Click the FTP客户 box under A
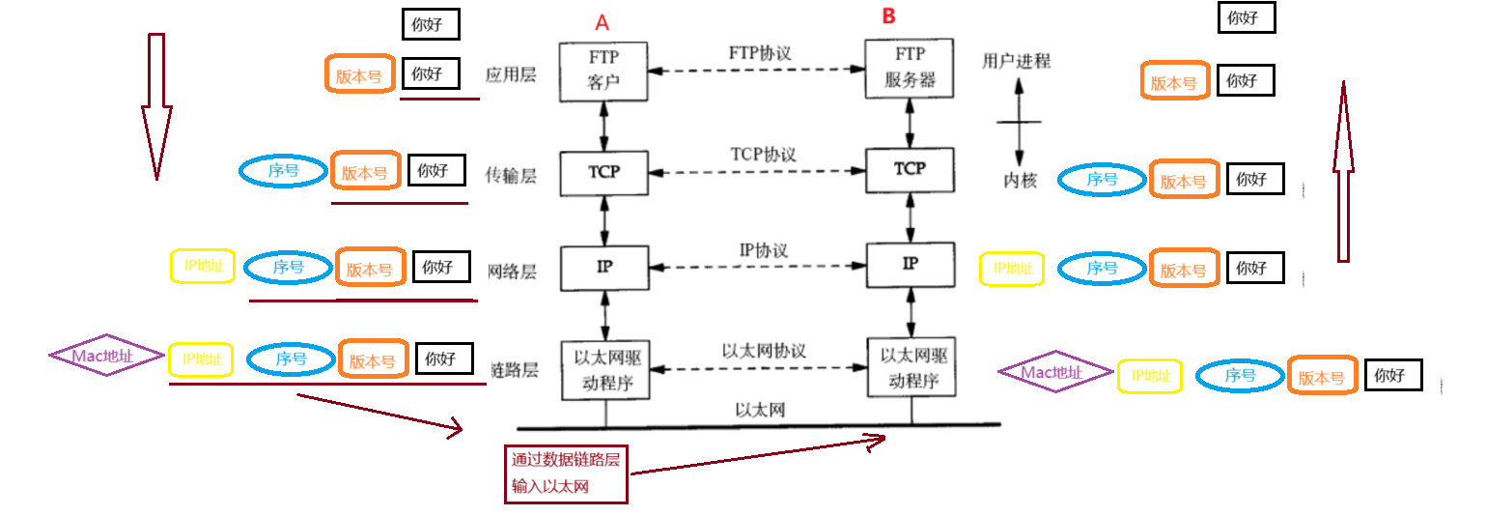tap(603, 71)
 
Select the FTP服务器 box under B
tap(910, 69)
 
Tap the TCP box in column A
tap(603, 172)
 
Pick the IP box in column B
tap(910, 263)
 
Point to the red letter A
tap(603, 21)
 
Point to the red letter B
tap(888, 16)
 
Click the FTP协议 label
tap(760, 53)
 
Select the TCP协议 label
tap(763, 155)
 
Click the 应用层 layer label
tap(512, 73)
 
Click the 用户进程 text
tap(1016, 61)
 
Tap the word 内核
tap(1020, 180)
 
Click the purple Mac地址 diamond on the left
tap(106, 356)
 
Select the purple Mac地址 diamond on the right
tap(1053, 371)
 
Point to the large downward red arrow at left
tap(156, 106)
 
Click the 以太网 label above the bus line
tap(759, 411)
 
